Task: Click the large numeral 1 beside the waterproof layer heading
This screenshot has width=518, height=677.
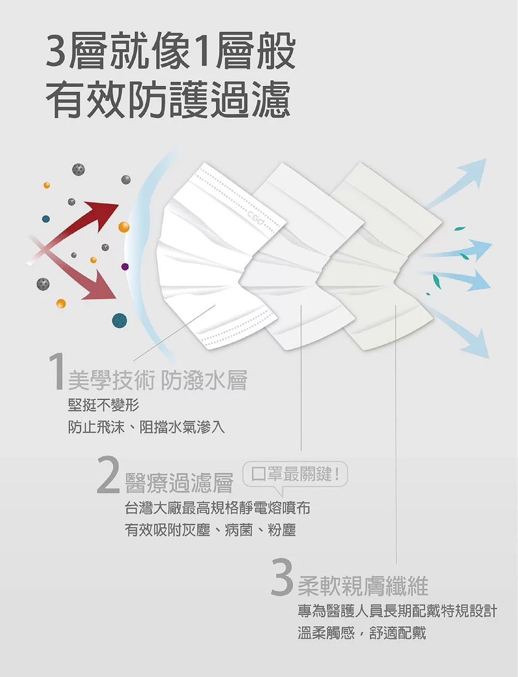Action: tap(56, 372)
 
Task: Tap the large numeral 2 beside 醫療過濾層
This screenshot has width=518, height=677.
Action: tap(108, 474)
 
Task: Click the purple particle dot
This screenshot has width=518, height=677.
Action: tap(125, 266)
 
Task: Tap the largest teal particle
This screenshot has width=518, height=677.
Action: tap(120, 321)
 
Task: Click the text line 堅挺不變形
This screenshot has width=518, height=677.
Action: tap(103, 405)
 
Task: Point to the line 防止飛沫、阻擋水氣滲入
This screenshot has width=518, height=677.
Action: tap(146, 427)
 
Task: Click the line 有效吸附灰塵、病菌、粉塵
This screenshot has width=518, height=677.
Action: tap(211, 530)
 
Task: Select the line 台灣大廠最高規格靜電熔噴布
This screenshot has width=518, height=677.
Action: tap(218, 508)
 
